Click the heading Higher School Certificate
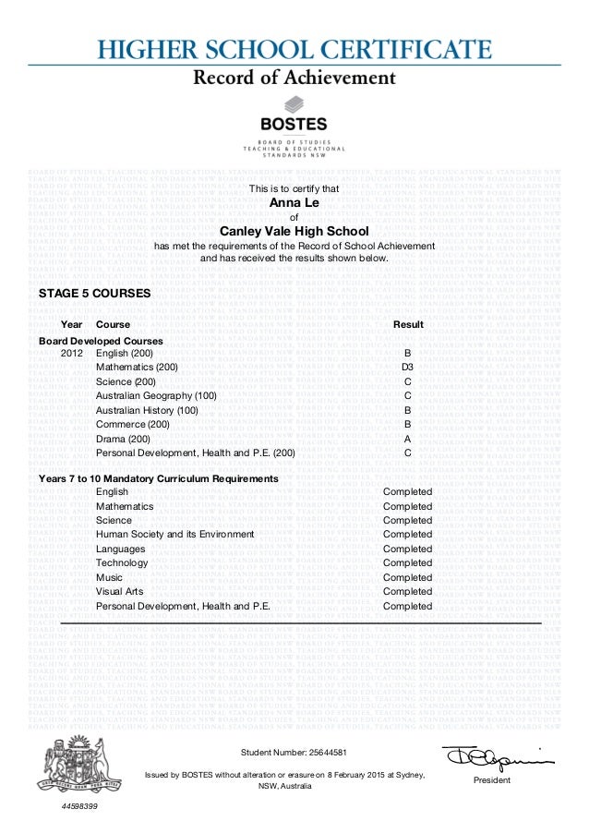[294, 49]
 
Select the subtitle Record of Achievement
[294, 78]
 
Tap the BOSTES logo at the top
[294, 115]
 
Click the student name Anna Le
[294, 202]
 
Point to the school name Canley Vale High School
[294, 231]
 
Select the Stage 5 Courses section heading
[94, 295]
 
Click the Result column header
[408, 325]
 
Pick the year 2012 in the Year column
[71, 354]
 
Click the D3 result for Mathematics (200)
[407, 368]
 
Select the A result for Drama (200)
[407, 439]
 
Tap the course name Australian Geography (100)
[156, 396]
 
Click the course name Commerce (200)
[133, 424]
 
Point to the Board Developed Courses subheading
[100, 341]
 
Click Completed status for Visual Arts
[407, 592]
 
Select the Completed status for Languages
[407, 549]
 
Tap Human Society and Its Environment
[174, 535]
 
